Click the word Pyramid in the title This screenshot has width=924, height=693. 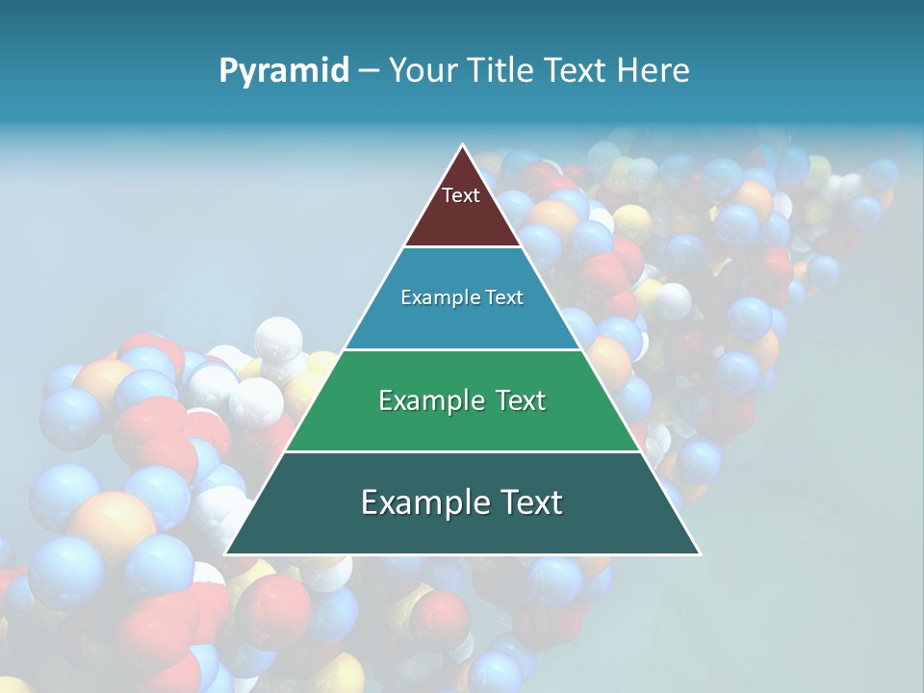[284, 70]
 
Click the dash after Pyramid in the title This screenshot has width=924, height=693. [369, 71]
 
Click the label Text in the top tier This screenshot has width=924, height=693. [461, 195]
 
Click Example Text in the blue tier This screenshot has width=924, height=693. [462, 297]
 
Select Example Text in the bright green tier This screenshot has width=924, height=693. [462, 400]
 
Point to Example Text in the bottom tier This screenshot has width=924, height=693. [462, 502]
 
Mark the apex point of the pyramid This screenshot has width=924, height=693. [462, 145]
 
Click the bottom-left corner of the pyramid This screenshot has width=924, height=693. [225, 554]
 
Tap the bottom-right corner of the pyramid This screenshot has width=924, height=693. [700, 554]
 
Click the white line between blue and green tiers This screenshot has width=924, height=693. [462, 349]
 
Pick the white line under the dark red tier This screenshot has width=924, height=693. [462, 247]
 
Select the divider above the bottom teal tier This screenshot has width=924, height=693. [462, 451]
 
